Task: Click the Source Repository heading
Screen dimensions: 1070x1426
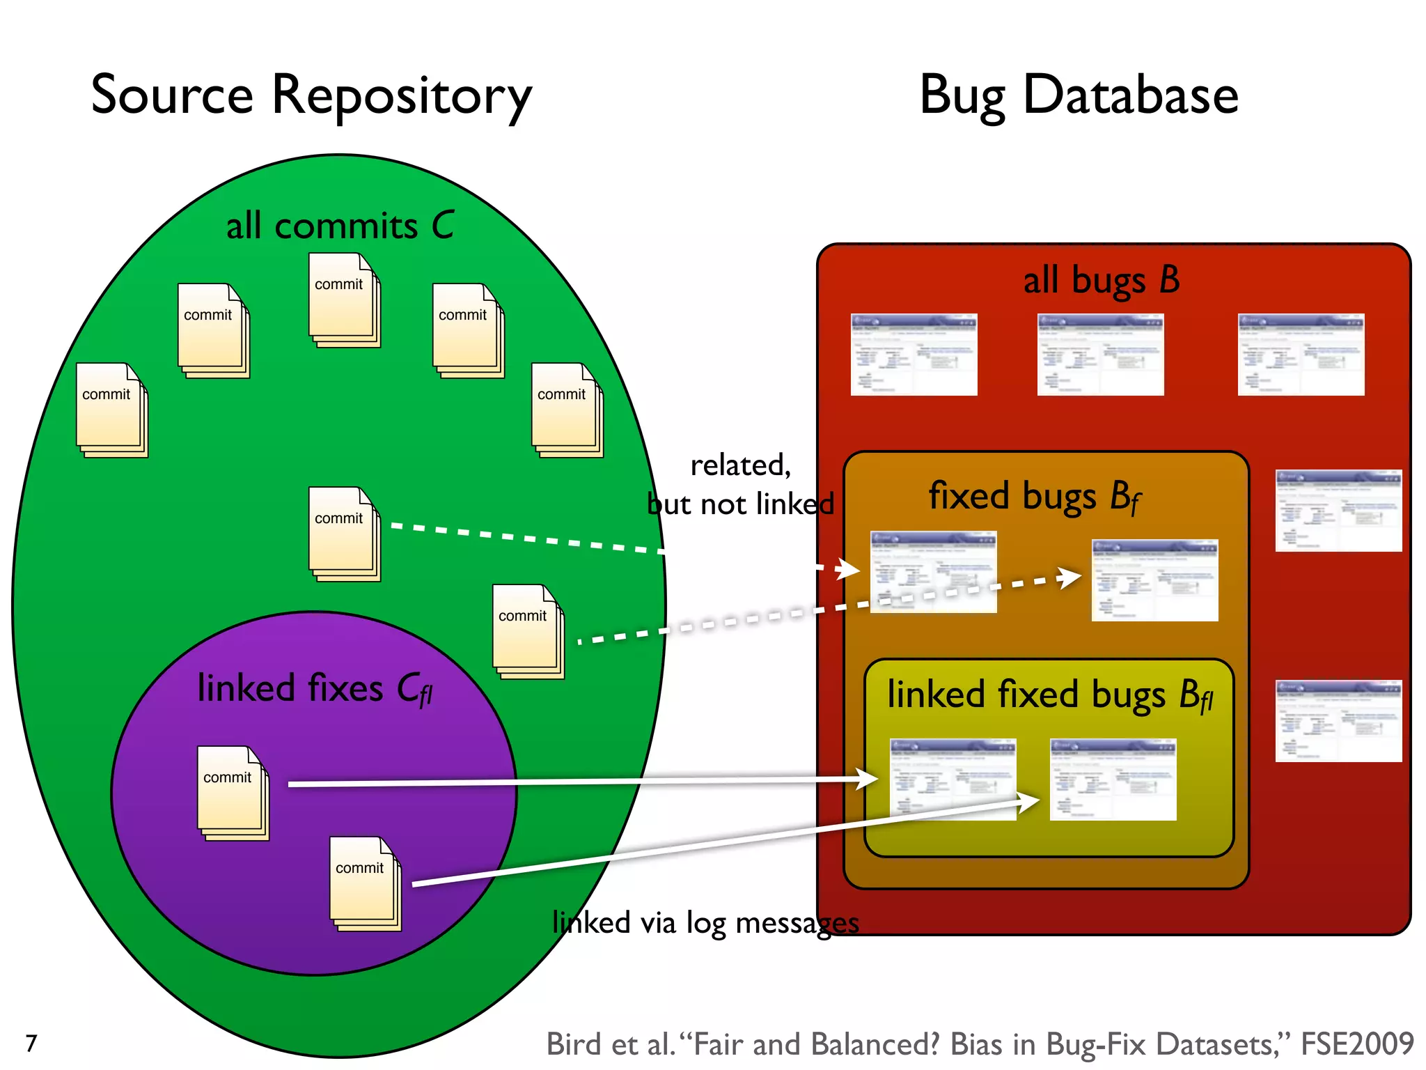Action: click(x=311, y=95)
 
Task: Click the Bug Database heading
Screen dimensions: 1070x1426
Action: click(x=1079, y=95)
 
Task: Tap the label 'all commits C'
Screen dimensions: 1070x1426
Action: click(x=340, y=226)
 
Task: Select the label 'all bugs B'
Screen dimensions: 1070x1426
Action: click(x=1101, y=280)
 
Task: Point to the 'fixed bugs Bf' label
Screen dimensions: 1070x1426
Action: click(x=1035, y=497)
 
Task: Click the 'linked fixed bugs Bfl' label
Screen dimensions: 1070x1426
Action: click(x=1050, y=695)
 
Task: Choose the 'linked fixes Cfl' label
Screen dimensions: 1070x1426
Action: click(x=315, y=689)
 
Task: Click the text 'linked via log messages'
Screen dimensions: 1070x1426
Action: click(x=705, y=922)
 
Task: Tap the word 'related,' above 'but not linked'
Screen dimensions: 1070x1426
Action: click(x=740, y=465)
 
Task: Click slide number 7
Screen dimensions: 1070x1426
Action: click(x=31, y=1043)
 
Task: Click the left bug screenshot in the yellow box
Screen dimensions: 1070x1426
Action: click(x=953, y=779)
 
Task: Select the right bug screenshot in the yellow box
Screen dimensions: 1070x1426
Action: click(x=1113, y=779)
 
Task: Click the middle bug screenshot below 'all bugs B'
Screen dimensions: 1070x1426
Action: click(x=1100, y=355)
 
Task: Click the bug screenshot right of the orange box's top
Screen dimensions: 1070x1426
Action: click(x=1338, y=510)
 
